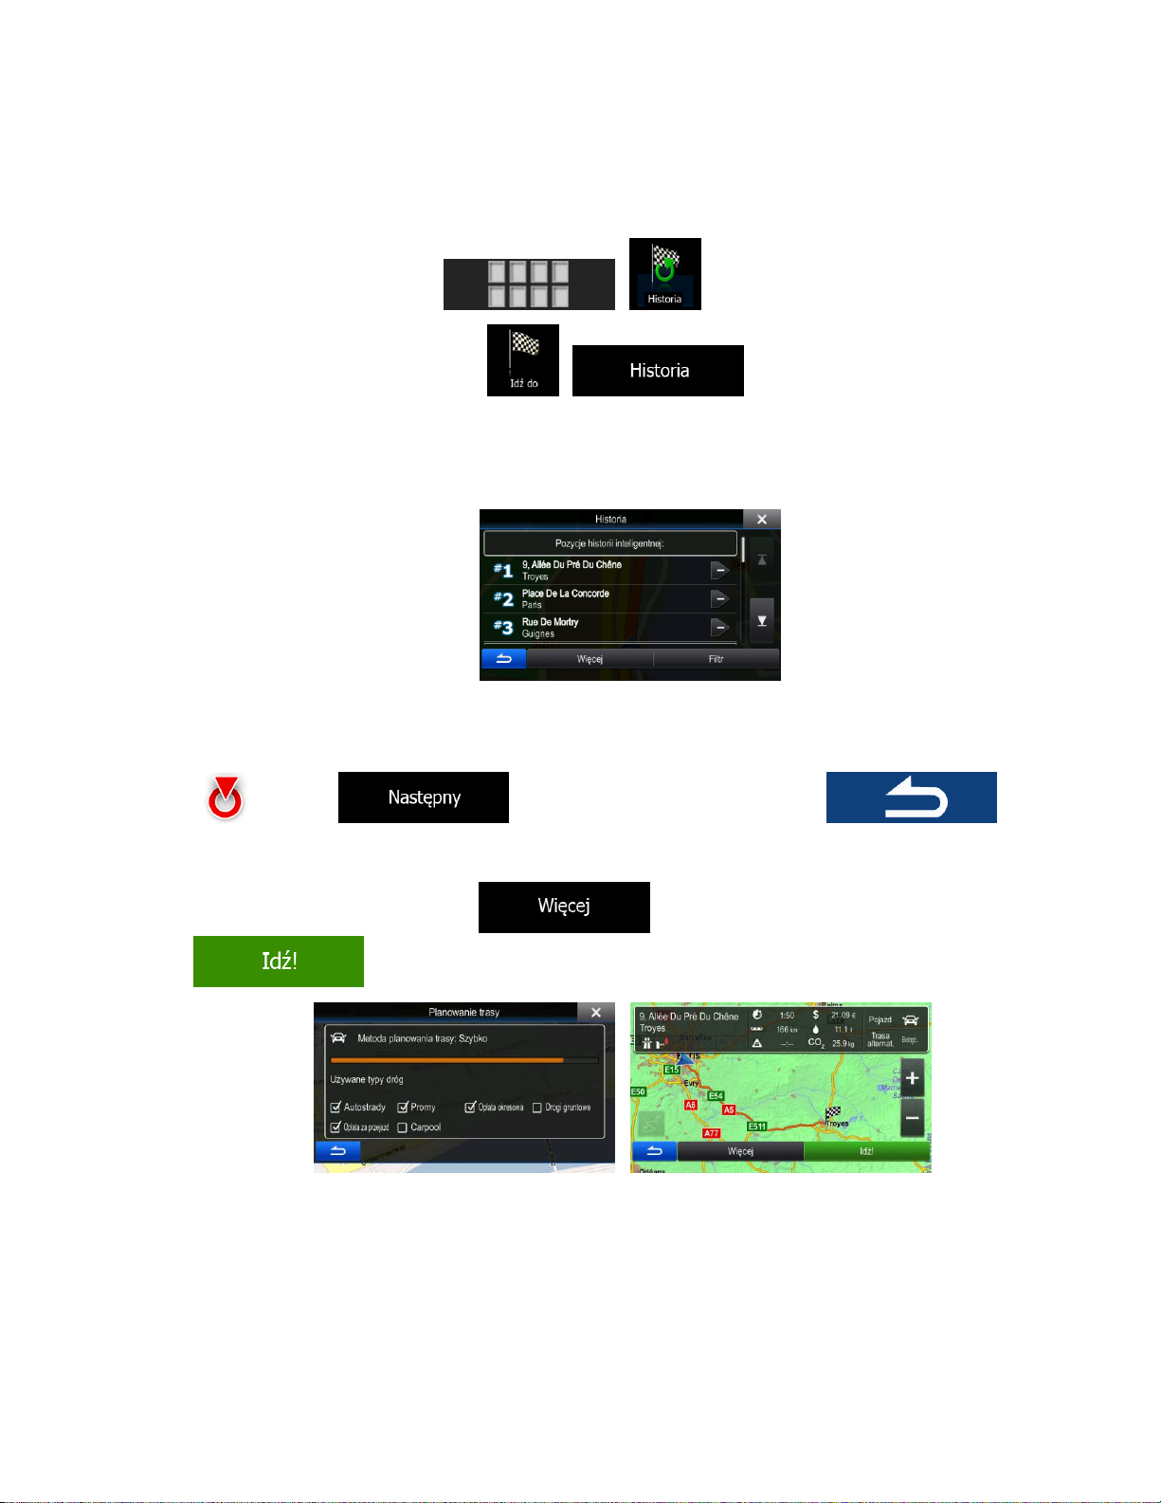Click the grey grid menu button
pyautogui.click(x=529, y=284)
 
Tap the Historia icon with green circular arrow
pyautogui.click(x=664, y=273)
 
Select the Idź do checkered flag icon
pyautogui.click(x=523, y=359)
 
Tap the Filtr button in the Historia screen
pyautogui.click(x=716, y=659)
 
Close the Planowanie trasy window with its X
pyautogui.click(x=596, y=1013)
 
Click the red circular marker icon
pyautogui.click(x=225, y=797)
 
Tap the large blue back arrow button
pyautogui.click(x=911, y=797)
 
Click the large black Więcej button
pyautogui.click(x=564, y=907)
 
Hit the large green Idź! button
pyautogui.click(x=279, y=962)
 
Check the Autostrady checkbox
pyautogui.click(x=336, y=1108)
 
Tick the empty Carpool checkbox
pyautogui.click(x=403, y=1127)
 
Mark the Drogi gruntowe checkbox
pyautogui.click(x=537, y=1108)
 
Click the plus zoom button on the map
pyautogui.click(x=912, y=1078)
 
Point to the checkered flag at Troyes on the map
pyautogui.click(x=833, y=1112)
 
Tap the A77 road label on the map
pyautogui.click(x=711, y=1133)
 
